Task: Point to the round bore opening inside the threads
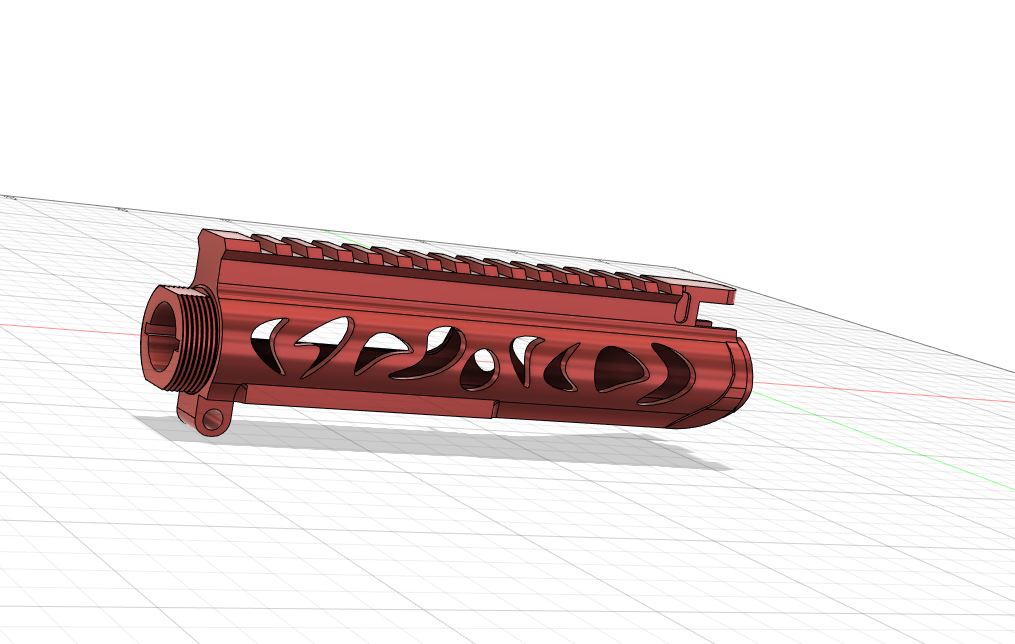pos(163,345)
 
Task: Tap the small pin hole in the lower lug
pos(212,420)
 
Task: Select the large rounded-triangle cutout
pos(612,367)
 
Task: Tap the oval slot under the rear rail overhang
pos(704,324)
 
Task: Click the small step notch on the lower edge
pos(494,407)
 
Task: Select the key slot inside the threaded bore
pos(153,328)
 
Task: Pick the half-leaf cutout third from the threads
pos(380,350)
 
